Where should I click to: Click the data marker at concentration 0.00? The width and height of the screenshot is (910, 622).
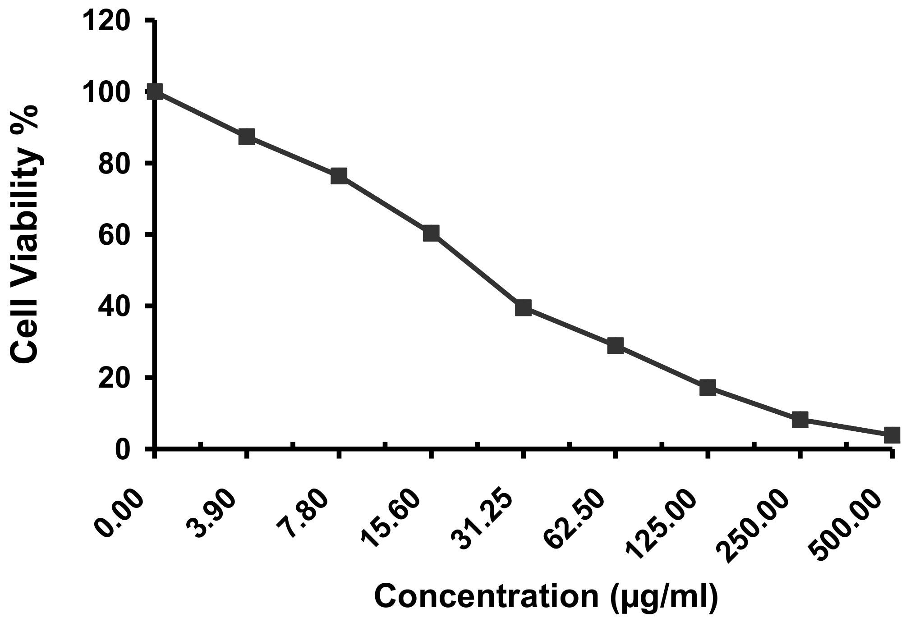[x=155, y=91]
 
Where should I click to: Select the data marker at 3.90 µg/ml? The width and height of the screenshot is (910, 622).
[x=247, y=136]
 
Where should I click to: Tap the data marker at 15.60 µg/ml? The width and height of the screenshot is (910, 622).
[x=431, y=233]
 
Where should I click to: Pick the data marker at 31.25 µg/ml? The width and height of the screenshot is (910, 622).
[x=523, y=308]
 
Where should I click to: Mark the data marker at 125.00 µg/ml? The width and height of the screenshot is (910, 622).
[x=708, y=387]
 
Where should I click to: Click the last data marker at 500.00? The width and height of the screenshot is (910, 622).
[x=892, y=435]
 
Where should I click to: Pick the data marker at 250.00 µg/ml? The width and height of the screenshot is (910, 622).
[x=800, y=420]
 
